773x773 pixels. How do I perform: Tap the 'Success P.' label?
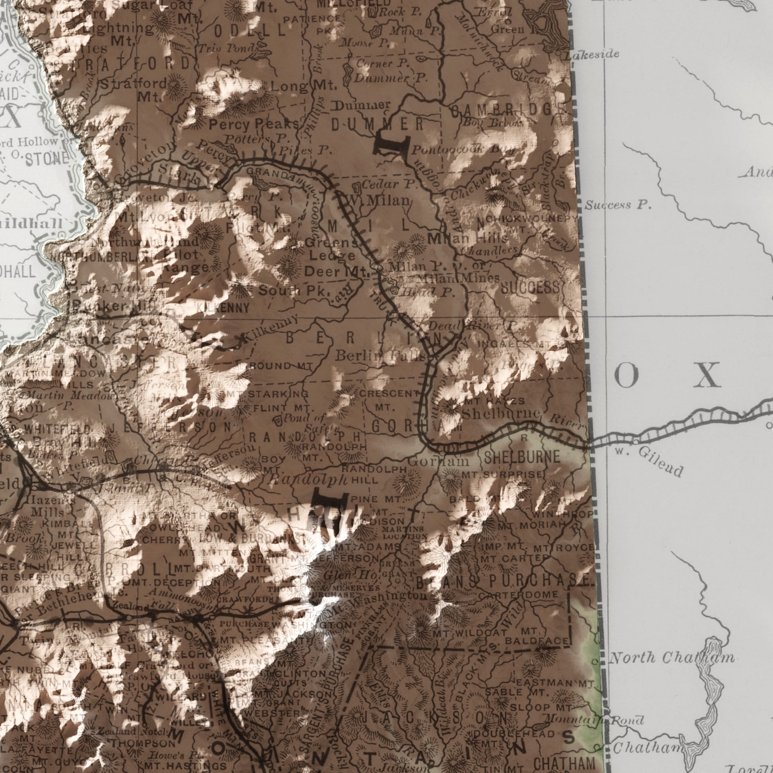[x=618, y=206]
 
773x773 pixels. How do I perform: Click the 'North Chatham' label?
[x=671, y=658]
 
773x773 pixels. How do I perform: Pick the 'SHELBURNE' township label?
[x=522, y=457]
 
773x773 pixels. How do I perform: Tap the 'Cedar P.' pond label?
[x=386, y=185]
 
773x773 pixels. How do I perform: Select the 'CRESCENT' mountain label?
[x=388, y=394]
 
